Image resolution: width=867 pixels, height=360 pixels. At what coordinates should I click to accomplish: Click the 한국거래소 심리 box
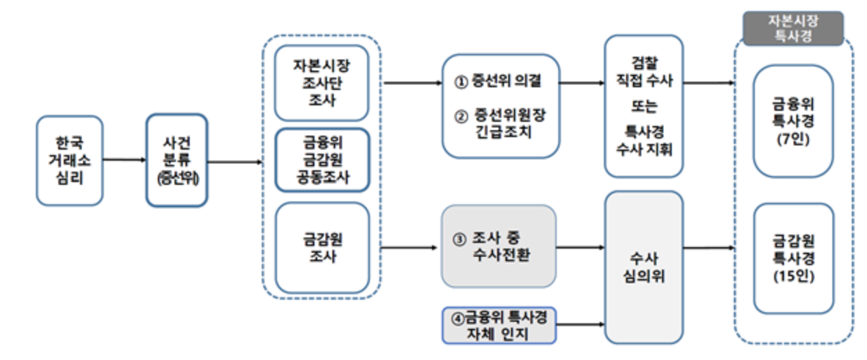click(x=69, y=161)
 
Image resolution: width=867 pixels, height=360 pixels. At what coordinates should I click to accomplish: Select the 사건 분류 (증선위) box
click(x=177, y=161)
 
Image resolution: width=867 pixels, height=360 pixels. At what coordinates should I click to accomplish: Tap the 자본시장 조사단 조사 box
click(x=321, y=83)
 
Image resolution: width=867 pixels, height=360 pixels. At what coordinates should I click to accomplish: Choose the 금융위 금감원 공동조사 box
click(x=321, y=160)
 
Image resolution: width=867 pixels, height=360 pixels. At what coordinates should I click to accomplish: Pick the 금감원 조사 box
click(x=321, y=247)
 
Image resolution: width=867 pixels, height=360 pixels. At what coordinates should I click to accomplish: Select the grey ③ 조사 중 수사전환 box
click(x=499, y=246)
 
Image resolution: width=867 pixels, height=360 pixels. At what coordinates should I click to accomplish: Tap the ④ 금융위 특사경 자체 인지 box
click(x=499, y=325)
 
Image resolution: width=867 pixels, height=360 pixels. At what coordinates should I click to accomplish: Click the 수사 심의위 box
click(x=643, y=267)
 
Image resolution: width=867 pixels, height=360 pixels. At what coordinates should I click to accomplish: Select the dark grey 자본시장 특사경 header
click(x=793, y=28)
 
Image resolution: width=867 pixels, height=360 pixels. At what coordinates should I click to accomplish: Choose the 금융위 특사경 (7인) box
click(x=793, y=120)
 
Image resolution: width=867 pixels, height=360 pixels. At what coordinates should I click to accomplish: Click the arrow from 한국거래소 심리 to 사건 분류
click(x=125, y=160)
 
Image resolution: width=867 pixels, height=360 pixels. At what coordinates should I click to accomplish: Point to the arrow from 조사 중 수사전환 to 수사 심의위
click(x=580, y=246)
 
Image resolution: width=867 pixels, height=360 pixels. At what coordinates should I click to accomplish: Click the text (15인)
click(x=793, y=277)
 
